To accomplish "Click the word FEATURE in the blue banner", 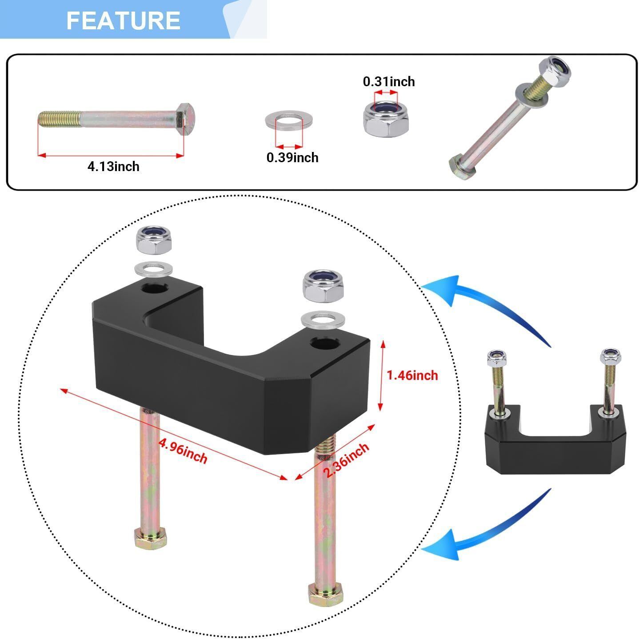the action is pyautogui.click(x=124, y=20).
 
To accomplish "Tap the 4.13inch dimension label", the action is pyautogui.click(x=113, y=167).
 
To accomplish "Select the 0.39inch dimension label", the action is pyautogui.click(x=292, y=157).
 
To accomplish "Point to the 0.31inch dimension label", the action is pyautogui.click(x=389, y=82).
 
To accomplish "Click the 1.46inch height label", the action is pyautogui.click(x=412, y=375).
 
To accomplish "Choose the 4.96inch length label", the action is pyautogui.click(x=183, y=451).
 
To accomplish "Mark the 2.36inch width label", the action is pyautogui.click(x=346, y=459).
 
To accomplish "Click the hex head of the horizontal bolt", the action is pyautogui.click(x=185, y=119).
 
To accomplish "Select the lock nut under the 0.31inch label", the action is pyautogui.click(x=386, y=118).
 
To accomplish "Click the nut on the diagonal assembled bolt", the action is pyautogui.click(x=555, y=71).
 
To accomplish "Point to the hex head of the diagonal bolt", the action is pyautogui.click(x=462, y=167).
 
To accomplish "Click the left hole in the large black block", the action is pyautogui.click(x=155, y=288).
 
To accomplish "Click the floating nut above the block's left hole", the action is pyautogui.click(x=154, y=240).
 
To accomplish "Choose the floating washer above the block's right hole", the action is pyautogui.click(x=323, y=319).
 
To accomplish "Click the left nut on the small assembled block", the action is pyautogui.click(x=496, y=357).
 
